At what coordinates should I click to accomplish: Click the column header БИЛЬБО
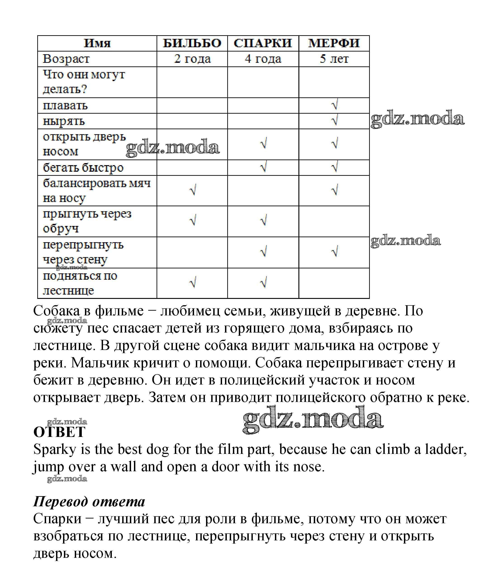coord(192,43)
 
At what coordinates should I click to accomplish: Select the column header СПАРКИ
coord(263,43)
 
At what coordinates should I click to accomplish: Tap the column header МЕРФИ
coord(334,43)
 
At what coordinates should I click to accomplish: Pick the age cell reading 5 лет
coord(334,59)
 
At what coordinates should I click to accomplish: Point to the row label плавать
coord(65,106)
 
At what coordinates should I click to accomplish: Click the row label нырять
coord(63,121)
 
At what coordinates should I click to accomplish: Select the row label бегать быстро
coord(83,168)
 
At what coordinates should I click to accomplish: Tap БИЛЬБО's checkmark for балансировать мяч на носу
coord(193,190)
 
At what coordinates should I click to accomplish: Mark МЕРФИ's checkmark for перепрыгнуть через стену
coord(334,252)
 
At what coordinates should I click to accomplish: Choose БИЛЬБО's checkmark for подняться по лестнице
coord(193,283)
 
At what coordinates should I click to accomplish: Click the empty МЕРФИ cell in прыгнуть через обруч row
coord(334,221)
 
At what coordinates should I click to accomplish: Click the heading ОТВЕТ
coord(59,432)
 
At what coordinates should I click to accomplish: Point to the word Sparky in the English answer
coord(55,450)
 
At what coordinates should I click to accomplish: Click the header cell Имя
coord(97,43)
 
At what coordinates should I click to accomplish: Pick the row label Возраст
coord(66,59)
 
